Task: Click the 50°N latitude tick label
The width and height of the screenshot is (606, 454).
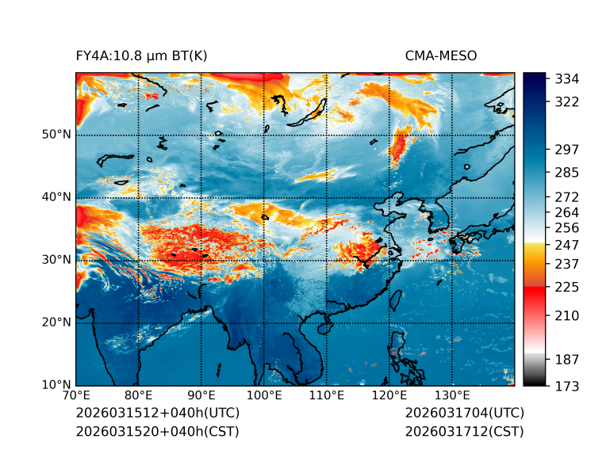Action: pyautogui.click(x=56, y=135)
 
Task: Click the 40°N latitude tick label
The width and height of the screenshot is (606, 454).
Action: pyautogui.click(x=56, y=197)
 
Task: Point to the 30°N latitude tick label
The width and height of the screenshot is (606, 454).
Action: pyautogui.click(x=56, y=260)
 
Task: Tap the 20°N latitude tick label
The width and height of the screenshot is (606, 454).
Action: pyautogui.click(x=56, y=322)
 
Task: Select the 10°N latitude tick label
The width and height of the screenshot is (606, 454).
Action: pyautogui.click(x=56, y=385)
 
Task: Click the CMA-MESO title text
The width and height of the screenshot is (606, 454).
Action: pyautogui.click(x=440, y=55)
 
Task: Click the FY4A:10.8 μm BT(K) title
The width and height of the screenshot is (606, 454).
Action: pyautogui.click(x=142, y=55)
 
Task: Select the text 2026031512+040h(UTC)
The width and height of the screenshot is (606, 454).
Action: pyautogui.click(x=157, y=414)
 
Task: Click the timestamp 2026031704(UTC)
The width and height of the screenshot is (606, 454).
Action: pyautogui.click(x=464, y=414)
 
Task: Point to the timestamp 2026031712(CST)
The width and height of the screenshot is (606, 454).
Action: pyautogui.click(x=464, y=432)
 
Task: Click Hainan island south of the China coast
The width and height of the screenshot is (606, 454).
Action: pyautogui.click(x=322, y=327)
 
